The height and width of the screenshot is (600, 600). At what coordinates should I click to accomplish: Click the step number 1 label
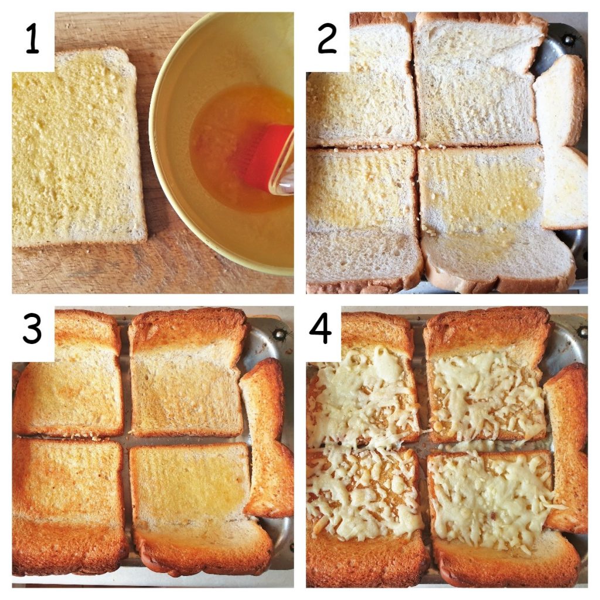tap(33, 40)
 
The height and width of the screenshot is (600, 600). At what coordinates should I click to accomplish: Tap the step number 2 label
tap(327, 40)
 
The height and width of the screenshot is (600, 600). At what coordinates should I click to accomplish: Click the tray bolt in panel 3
tap(280, 334)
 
